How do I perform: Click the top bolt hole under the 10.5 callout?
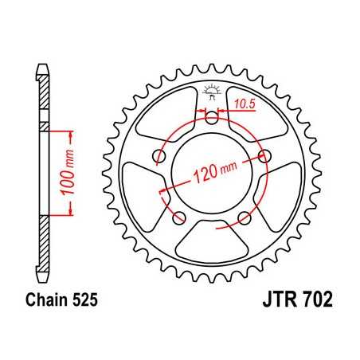click(211, 119)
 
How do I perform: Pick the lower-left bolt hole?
click(178, 218)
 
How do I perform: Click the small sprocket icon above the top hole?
click(211, 88)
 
